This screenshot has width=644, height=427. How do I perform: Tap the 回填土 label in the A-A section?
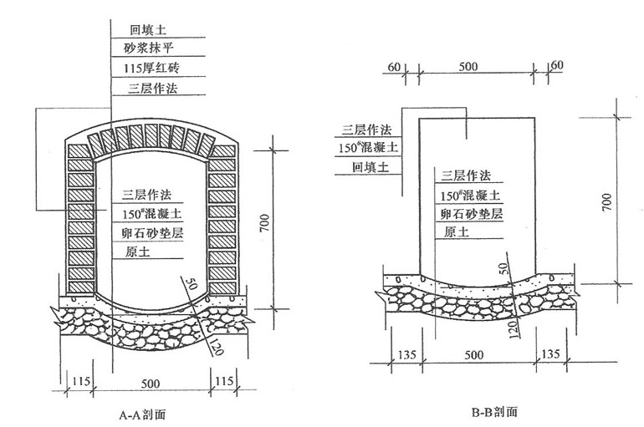pos(143,28)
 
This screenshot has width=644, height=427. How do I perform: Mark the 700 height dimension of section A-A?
pos(264,224)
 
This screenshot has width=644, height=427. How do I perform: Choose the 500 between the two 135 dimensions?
pos(473,353)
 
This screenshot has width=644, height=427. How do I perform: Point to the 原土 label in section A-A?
pos(134,251)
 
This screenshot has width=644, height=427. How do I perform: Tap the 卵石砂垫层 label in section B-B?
pos(472,214)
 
